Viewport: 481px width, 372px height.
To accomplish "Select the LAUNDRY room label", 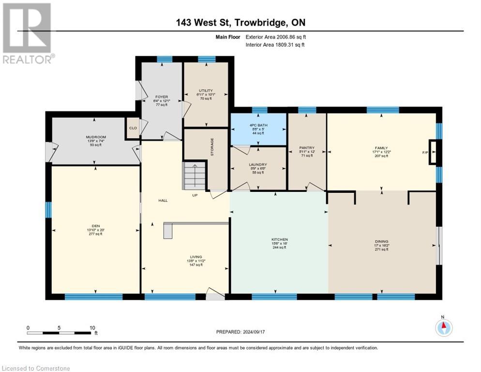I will point(258,165).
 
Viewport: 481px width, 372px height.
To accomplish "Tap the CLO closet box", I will point(132,128).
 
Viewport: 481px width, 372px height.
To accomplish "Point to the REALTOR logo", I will point(27,32).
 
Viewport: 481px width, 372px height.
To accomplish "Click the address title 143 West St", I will point(240,22).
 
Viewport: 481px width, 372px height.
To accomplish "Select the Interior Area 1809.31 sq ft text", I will point(275,45).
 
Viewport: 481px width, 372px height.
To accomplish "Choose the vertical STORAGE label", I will point(212,147).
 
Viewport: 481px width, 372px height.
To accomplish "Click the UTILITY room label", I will point(206,90).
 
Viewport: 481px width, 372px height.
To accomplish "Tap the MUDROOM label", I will point(95,137).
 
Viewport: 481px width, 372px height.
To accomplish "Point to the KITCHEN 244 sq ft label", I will point(280,243).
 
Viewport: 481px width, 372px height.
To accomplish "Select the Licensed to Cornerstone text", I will point(36,369).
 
